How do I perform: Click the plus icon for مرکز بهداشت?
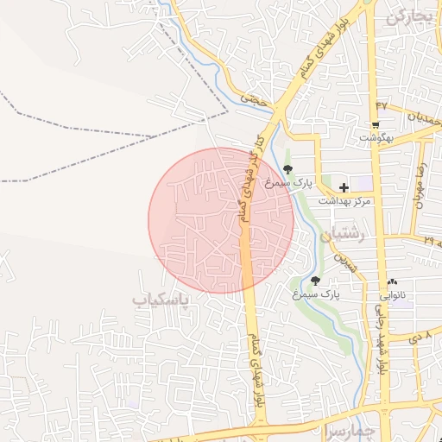coord(344,187)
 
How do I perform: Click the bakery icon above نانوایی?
coord(393,281)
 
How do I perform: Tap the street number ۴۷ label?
coord(381,106)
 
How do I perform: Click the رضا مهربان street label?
coord(422,186)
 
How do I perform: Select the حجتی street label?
coord(251,98)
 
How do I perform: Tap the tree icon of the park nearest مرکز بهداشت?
coord(287,169)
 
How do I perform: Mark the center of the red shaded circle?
coord(222,220)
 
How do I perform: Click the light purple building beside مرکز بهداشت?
coord(360,182)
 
